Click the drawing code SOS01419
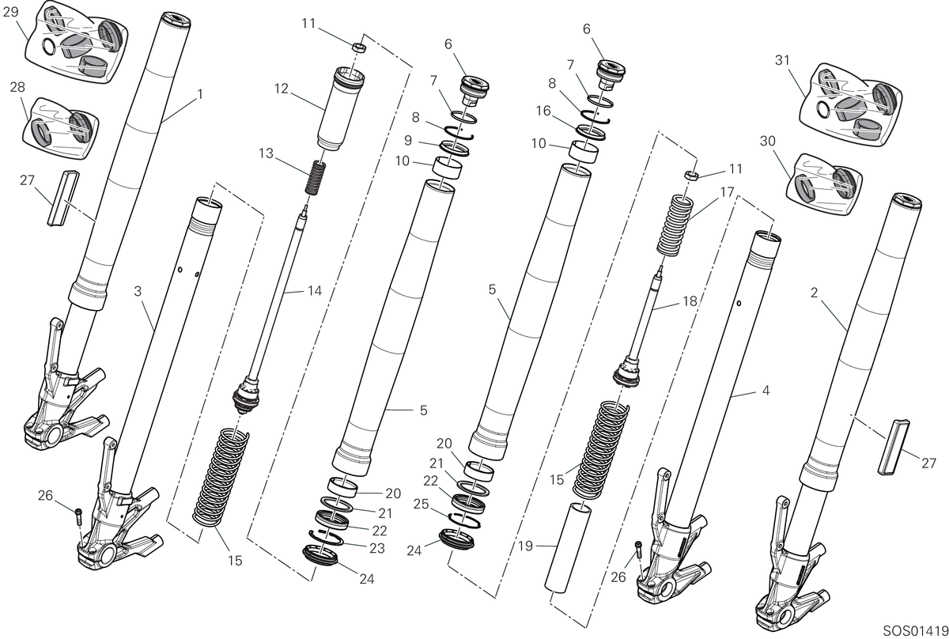tap(915, 630)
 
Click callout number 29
tap(10, 12)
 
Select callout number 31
tap(782, 61)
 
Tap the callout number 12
tap(282, 89)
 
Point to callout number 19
tap(525, 546)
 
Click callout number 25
tap(421, 505)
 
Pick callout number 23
tap(377, 548)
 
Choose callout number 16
tap(543, 111)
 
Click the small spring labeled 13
tap(316, 178)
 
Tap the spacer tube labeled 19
tap(566, 546)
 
